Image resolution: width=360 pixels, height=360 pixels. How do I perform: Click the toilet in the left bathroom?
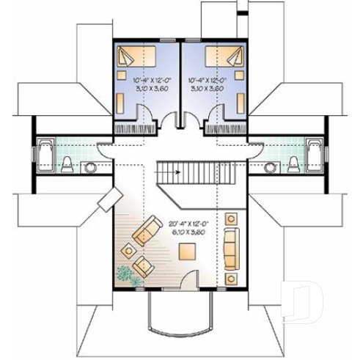tap(67, 164)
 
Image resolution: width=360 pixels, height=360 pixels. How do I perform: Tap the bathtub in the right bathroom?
tap(316, 155)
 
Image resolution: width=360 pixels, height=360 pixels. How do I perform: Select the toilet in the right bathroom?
tap(293, 164)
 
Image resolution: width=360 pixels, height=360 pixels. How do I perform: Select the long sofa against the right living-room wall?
tap(231, 247)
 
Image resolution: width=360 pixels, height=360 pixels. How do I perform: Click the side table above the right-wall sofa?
tap(232, 218)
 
